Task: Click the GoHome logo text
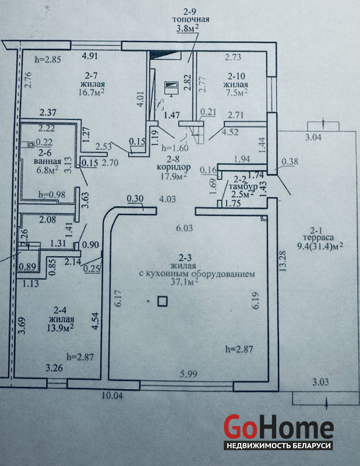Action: point(278,428)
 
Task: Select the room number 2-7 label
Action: point(91,75)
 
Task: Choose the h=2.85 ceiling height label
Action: point(48,59)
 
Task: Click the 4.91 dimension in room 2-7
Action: point(91,57)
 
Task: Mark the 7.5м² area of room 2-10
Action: point(238,91)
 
